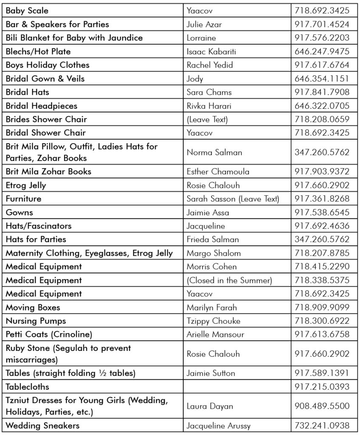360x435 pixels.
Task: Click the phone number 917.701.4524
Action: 322,24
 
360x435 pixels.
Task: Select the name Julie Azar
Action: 204,24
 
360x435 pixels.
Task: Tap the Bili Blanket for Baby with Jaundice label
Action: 74,38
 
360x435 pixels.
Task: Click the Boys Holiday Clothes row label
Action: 48,65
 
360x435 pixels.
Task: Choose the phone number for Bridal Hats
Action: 322,92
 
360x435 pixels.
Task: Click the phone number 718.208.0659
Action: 322,119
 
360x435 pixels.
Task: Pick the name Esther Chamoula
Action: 218,172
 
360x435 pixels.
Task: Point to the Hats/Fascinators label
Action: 39,226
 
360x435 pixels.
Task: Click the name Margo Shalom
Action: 214,253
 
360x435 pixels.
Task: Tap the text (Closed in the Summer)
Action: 229,280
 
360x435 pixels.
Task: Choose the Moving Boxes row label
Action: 33,308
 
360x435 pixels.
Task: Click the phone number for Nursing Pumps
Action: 322,321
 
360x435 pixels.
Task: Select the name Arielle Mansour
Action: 215,334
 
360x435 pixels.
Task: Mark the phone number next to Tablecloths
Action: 322,387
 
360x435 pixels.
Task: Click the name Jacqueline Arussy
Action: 219,426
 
